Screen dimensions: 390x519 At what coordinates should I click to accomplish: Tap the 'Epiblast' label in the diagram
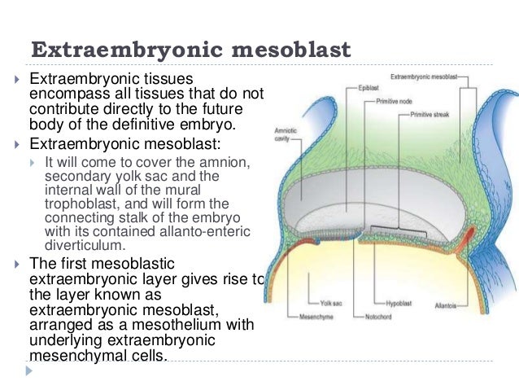click(x=367, y=85)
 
